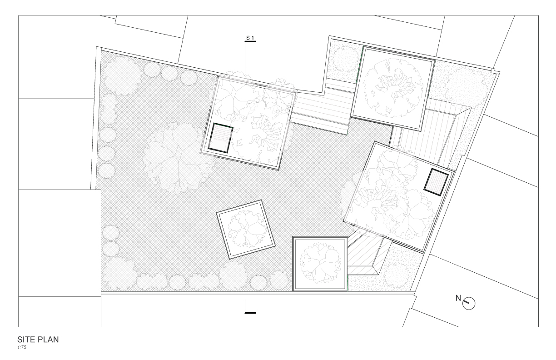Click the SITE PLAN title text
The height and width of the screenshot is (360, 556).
[x=38, y=340]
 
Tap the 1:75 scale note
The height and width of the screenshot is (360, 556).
[x=22, y=347]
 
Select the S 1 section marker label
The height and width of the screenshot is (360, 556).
[x=250, y=38]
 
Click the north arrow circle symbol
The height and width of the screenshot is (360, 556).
[x=469, y=303]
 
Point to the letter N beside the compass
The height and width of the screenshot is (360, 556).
[x=458, y=298]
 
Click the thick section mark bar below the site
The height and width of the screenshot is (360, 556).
[x=250, y=313]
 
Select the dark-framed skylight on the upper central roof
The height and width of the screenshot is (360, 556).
[x=220, y=138]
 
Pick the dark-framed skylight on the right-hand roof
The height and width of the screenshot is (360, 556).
[x=436, y=182]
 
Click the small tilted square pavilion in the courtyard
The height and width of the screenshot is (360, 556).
[x=246, y=229]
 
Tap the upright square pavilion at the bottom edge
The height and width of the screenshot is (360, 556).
[x=320, y=264]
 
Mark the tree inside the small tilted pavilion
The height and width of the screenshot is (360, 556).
[x=247, y=229]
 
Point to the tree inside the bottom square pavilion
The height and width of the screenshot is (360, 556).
[x=320, y=263]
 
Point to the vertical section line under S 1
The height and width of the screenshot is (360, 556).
[x=245, y=58]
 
